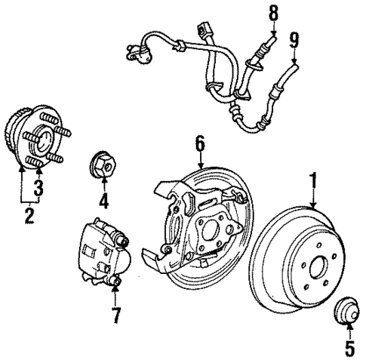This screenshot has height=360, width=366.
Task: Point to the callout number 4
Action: [103, 202]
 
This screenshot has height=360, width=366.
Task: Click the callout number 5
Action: [348, 330]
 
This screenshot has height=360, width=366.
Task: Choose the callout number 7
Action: [115, 315]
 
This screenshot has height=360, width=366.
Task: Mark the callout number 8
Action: [272, 13]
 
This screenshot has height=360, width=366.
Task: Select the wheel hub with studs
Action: [41, 135]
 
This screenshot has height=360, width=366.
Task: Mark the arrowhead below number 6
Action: [200, 164]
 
